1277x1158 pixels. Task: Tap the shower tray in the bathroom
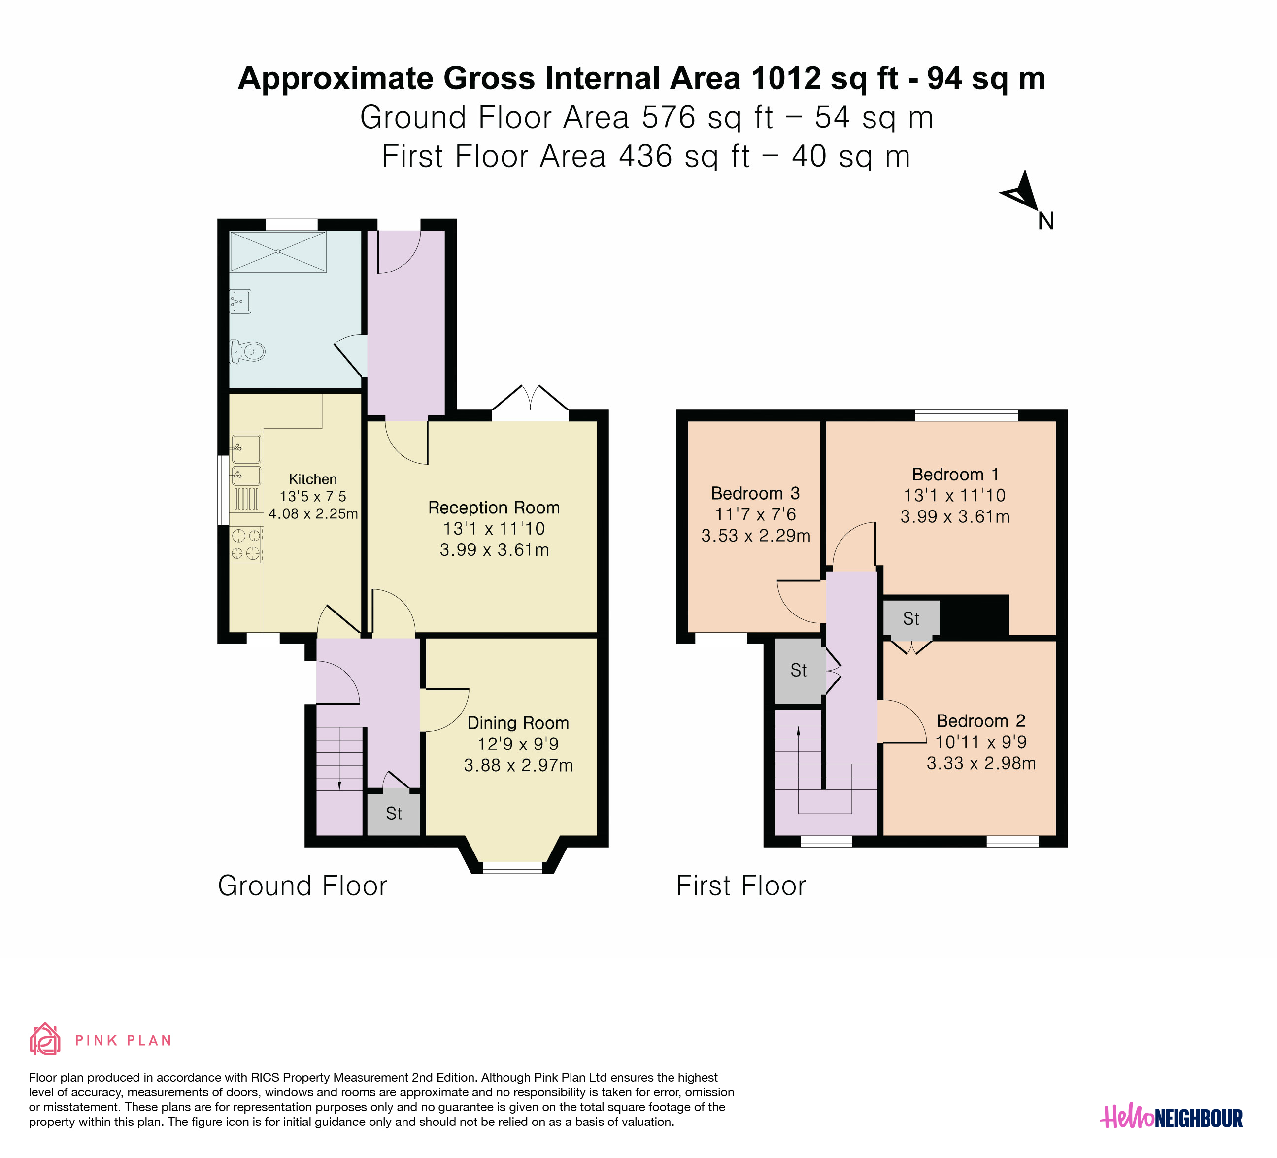click(x=278, y=252)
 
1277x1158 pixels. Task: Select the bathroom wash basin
click(x=241, y=301)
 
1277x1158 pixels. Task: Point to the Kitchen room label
click(x=313, y=479)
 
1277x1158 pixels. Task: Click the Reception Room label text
click(x=494, y=508)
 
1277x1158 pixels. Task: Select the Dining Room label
click(x=518, y=723)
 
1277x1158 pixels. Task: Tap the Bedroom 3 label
click(x=755, y=493)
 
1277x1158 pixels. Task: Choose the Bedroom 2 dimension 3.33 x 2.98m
click(x=981, y=763)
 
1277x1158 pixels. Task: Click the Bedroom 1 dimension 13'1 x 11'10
click(x=955, y=495)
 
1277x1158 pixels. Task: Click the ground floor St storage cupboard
click(x=394, y=814)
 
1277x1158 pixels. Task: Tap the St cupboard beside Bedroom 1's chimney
click(x=911, y=618)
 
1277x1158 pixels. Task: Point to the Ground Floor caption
click(x=302, y=886)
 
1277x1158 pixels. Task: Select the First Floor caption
click(x=741, y=886)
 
